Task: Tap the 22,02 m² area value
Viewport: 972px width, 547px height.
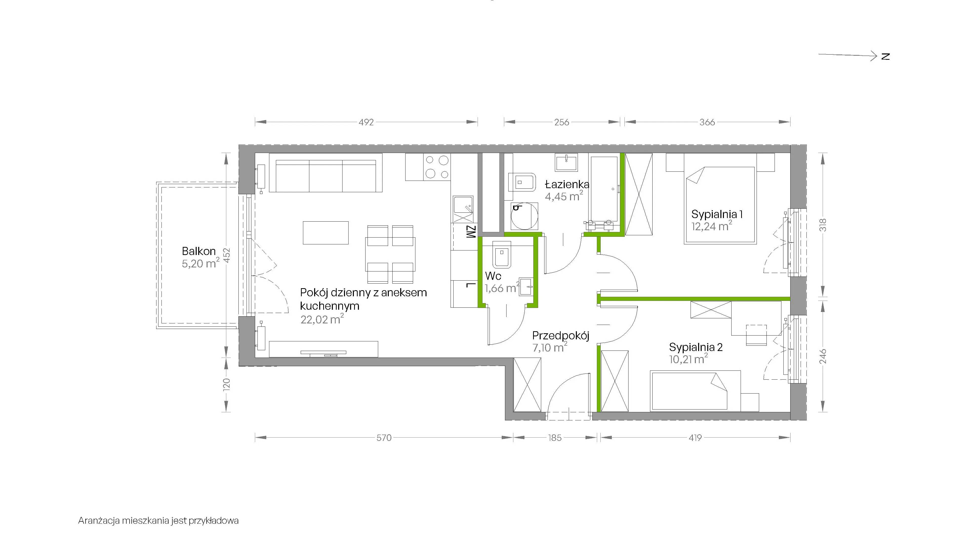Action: [322, 319]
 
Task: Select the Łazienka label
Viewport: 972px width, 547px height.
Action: [567, 185]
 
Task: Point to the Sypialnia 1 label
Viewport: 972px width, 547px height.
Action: [717, 214]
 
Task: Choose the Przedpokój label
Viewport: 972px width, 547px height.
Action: [561, 336]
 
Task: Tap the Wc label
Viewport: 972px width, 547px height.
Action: [493, 276]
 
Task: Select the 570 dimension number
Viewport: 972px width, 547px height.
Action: [384, 438]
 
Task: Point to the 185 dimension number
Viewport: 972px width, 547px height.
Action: [555, 438]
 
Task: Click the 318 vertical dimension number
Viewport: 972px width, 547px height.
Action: [823, 225]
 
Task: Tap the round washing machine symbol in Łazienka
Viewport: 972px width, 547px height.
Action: [524, 216]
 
